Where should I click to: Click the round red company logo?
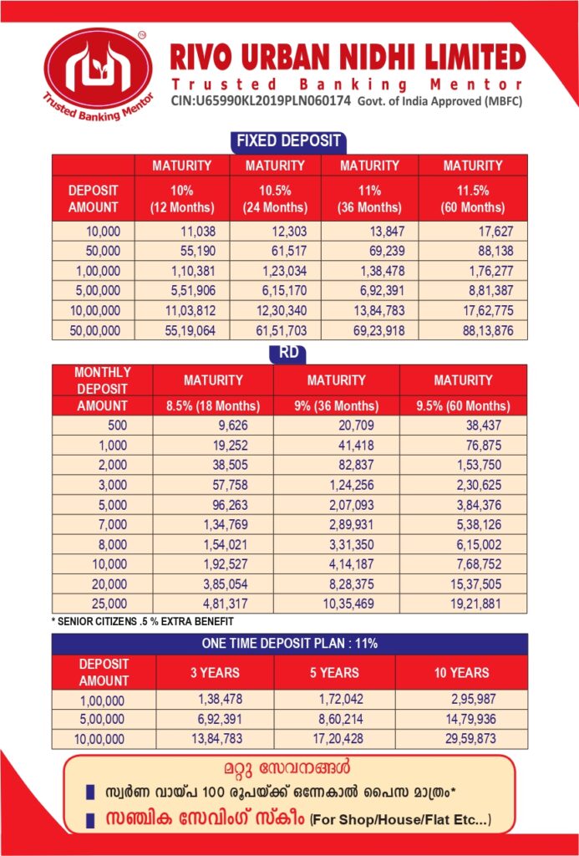pos(99,74)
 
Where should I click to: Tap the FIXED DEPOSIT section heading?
pos(288,140)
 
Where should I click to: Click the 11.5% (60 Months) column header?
pos(473,199)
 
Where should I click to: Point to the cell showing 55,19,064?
pos(191,330)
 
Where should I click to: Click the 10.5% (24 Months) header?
pos(275,199)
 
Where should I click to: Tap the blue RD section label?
pos(289,354)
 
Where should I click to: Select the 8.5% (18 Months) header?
pos(213,406)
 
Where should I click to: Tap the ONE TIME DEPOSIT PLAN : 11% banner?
pos(289,644)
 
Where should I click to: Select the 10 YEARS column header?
pos(461,672)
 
